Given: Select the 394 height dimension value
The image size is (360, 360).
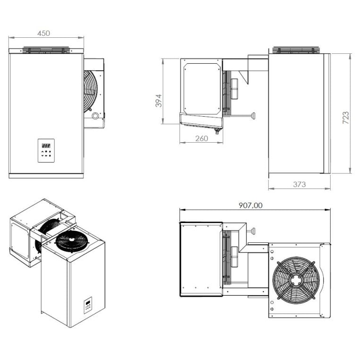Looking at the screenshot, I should pos(159,100).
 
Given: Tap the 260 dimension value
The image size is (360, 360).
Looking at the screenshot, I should pos(201,138).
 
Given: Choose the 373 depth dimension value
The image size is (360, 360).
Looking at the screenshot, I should pos(299,184).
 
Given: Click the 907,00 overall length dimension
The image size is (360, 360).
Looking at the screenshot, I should pos(251,205).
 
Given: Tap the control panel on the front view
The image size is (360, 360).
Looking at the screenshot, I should pos(46,150).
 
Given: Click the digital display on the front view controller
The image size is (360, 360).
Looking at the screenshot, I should pos(46,146).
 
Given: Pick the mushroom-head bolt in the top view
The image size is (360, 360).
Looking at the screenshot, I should pos(253,231).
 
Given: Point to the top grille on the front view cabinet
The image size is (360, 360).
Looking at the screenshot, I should pos(46,50).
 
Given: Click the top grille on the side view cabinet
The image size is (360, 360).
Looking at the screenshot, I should pos(296,50).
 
